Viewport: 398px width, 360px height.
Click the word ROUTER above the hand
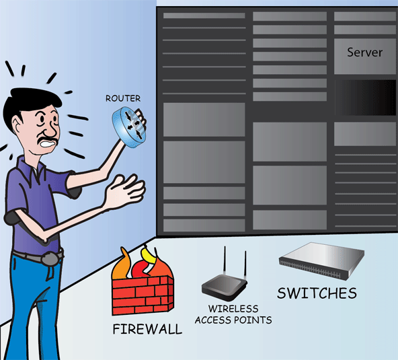tap(123, 98)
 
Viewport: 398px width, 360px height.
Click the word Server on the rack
tap(365, 52)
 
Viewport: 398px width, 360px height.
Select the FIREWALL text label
tap(147, 329)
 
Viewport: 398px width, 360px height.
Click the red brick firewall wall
tap(143, 295)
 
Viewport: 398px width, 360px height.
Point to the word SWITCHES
tap(317, 293)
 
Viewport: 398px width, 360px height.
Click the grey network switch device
tap(321, 260)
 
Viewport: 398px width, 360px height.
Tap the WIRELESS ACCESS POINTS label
tap(233, 314)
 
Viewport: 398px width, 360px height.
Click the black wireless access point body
tap(224, 287)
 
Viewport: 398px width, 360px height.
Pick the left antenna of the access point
tap(225, 260)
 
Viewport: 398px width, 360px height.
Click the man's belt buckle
tap(50, 259)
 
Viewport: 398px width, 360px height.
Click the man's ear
tap(17, 124)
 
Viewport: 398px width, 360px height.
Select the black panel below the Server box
tap(365, 98)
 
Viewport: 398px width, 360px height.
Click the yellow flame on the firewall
tap(149, 256)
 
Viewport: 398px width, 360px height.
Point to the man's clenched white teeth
tap(48, 144)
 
